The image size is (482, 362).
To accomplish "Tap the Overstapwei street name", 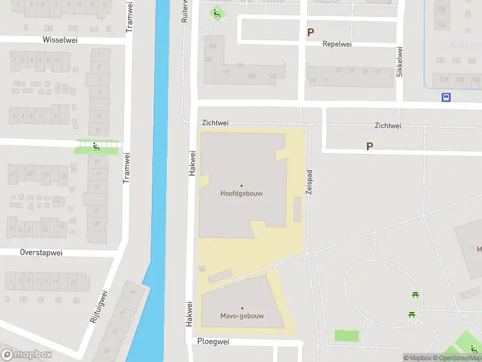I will pyautogui.click(x=41, y=252).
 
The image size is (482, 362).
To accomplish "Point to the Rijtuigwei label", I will pyautogui.click(x=98, y=306).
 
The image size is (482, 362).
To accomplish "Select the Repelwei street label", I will pyautogui.click(x=337, y=44).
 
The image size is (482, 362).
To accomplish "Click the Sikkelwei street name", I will pyautogui.click(x=399, y=62).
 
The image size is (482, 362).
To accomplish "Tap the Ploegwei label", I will pyautogui.click(x=213, y=341).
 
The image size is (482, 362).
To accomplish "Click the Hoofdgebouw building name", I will pyautogui.click(x=242, y=194).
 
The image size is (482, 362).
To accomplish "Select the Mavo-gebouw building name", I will pyautogui.click(x=242, y=316).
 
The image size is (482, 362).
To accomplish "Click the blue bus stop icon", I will pyautogui.click(x=446, y=97).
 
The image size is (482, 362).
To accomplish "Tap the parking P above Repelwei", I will pyautogui.click(x=311, y=33).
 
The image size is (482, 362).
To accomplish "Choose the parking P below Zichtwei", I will pyautogui.click(x=370, y=146).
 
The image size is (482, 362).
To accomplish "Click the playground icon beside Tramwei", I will pyautogui.click(x=96, y=147).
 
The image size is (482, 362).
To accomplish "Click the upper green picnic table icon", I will pyautogui.click(x=415, y=294).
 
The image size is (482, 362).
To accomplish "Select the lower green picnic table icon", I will pyautogui.click(x=412, y=314).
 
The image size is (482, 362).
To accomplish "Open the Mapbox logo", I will pyautogui.click(x=27, y=355).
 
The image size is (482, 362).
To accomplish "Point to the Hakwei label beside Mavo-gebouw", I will pyautogui.click(x=189, y=314).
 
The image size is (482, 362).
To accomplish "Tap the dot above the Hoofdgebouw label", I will pyautogui.click(x=242, y=185).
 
